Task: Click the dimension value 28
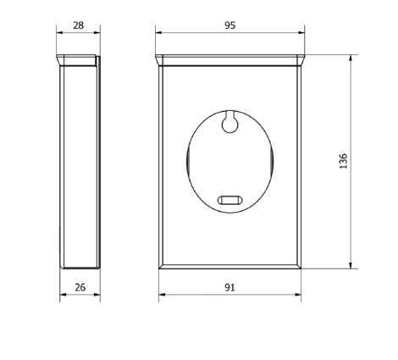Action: click(79, 25)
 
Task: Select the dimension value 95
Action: click(230, 25)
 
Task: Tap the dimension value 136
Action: click(343, 161)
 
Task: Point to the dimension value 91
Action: click(229, 287)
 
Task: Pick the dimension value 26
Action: click(80, 287)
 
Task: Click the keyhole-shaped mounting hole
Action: click(229, 122)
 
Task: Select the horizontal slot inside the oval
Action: click(230, 200)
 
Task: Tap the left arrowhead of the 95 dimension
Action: click(158, 32)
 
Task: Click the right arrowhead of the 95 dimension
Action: click(301, 32)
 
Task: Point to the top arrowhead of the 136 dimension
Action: click(351, 58)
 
